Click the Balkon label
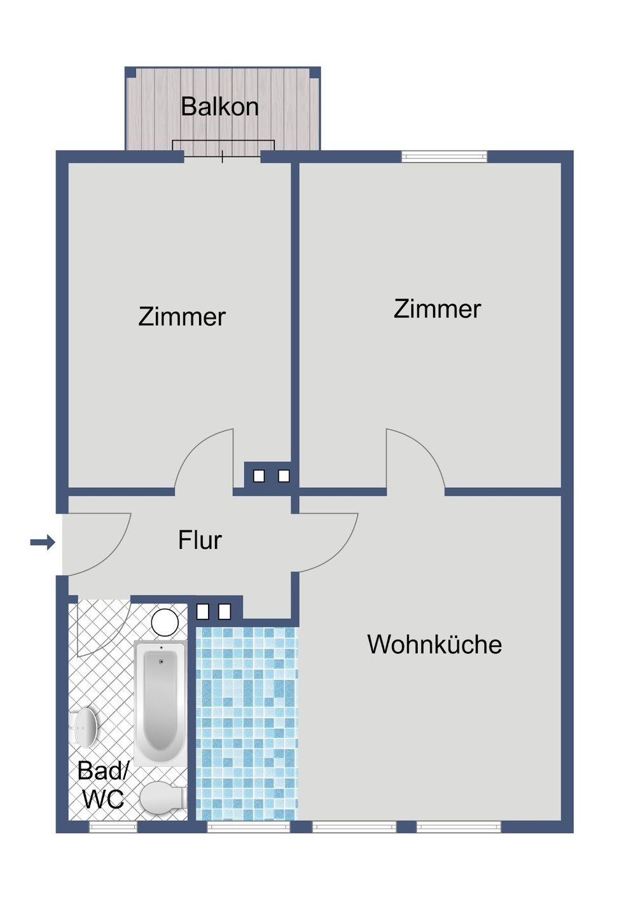pyautogui.click(x=219, y=107)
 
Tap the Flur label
pyautogui.click(x=200, y=541)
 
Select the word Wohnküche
pyautogui.click(x=434, y=645)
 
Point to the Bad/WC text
pyautogui.click(x=102, y=785)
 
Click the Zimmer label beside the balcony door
pyautogui.click(x=182, y=317)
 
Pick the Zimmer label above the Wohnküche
pyautogui.click(x=437, y=309)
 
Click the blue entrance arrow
pyautogui.click(x=43, y=543)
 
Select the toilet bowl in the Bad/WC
pyautogui.click(x=162, y=798)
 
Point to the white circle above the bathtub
pyautogui.click(x=165, y=623)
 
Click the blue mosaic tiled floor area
pyautogui.click(x=247, y=723)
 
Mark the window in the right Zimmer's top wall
pyautogui.click(x=444, y=156)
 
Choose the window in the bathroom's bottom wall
pyautogui.click(x=113, y=827)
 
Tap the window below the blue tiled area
pyautogui.click(x=248, y=827)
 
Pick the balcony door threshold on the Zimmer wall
pyautogui.click(x=222, y=156)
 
